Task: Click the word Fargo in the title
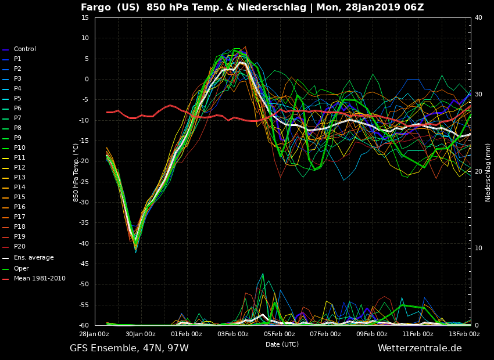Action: (96, 8)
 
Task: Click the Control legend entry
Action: (19, 49)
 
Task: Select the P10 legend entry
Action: (14, 148)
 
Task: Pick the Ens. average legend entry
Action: (28, 258)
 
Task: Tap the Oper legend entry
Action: (16, 269)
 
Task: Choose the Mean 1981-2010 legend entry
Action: (34, 279)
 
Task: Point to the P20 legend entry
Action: (14, 246)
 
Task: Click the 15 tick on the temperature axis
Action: (85, 17)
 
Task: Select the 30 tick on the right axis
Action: (478, 95)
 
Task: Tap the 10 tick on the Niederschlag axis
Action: (478, 249)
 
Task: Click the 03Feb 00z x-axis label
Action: (232, 334)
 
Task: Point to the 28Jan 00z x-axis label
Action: (94, 334)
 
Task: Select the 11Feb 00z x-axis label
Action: (418, 334)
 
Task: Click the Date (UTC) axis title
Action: (282, 344)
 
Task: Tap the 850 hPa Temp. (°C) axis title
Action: (76, 172)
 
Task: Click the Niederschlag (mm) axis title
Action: (488, 172)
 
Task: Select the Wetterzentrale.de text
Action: (420, 348)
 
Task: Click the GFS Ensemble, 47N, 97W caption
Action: (129, 348)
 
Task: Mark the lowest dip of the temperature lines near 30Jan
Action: (136, 253)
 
